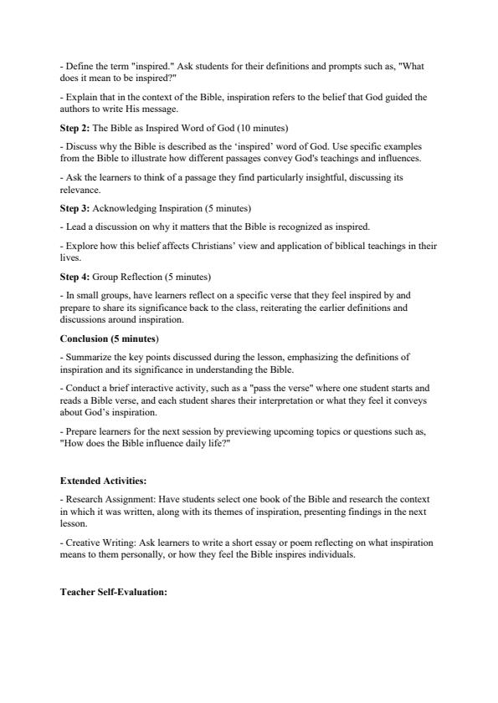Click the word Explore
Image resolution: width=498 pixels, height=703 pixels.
click(x=80, y=246)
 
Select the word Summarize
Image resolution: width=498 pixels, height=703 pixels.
click(x=87, y=357)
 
